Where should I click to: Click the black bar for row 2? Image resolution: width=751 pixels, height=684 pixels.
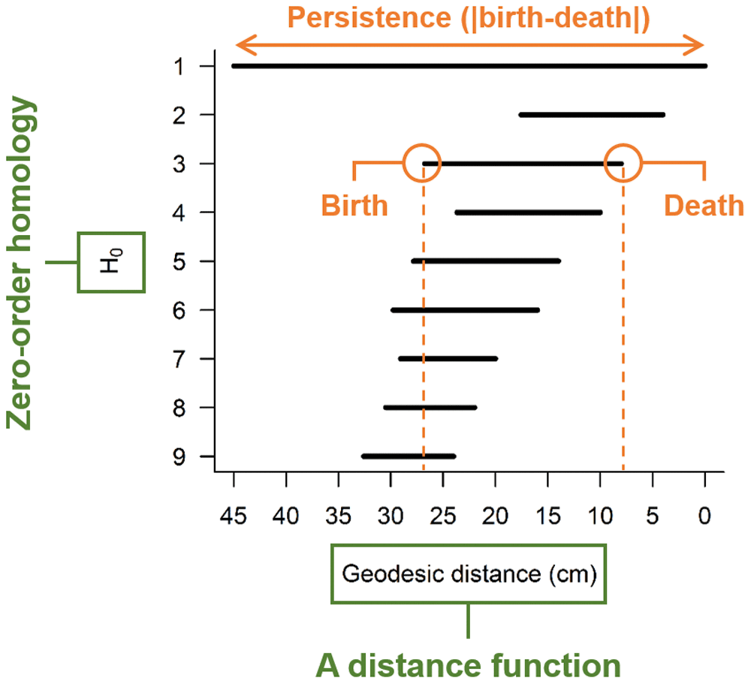(x=592, y=115)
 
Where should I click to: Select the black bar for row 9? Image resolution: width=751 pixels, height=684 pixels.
(x=409, y=457)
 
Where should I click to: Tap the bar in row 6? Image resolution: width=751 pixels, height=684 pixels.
(x=465, y=310)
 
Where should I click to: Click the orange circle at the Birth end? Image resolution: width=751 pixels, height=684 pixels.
(x=422, y=163)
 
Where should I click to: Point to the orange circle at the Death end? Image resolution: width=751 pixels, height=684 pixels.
(x=623, y=163)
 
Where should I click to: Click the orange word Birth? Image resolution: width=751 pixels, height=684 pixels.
(x=354, y=205)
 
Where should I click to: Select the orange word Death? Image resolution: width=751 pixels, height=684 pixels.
(x=703, y=205)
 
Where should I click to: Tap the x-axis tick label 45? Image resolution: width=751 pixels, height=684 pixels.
(x=234, y=517)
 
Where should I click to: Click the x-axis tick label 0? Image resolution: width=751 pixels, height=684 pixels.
(x=704, y=517)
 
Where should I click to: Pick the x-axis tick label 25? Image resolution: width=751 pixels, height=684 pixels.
(x=443, y=517)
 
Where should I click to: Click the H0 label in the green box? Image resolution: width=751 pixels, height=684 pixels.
(x=112, y=261)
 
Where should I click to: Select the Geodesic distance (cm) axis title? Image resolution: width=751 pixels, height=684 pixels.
(x=469, y=574)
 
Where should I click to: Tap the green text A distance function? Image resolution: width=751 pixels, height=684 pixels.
(x=468, y=664)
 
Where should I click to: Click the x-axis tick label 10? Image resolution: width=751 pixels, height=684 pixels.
(x=599, y=517)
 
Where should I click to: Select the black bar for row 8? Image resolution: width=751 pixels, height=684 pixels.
(x=430, y=408)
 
